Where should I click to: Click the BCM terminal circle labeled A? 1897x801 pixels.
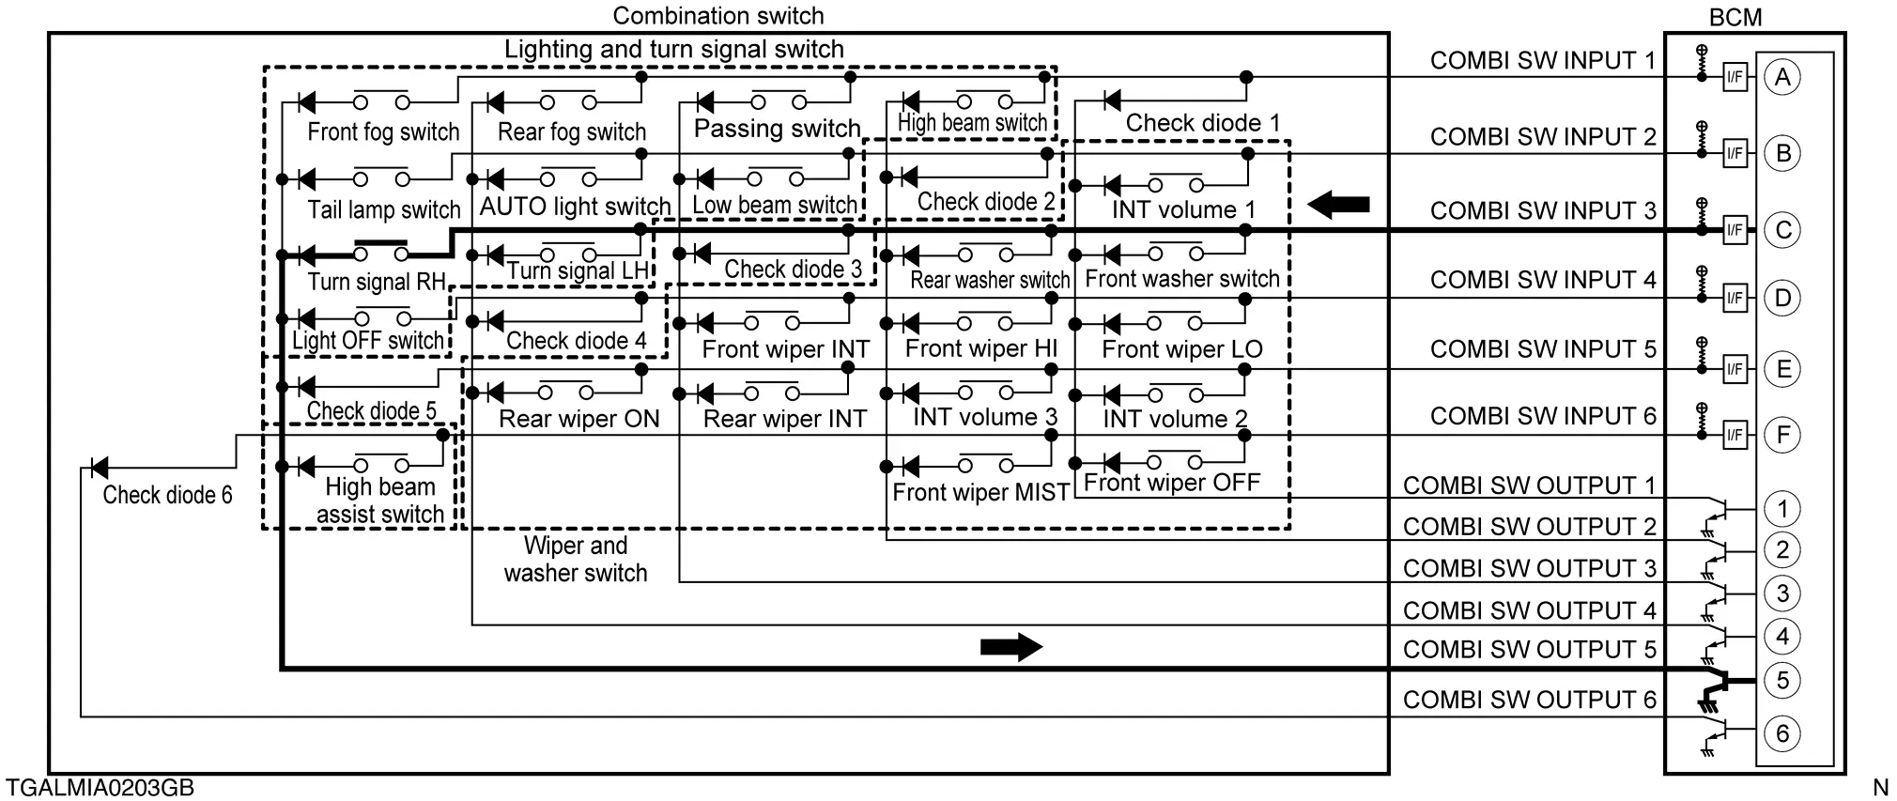pos(1782,77)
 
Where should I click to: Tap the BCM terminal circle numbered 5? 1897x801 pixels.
pos(1782,681)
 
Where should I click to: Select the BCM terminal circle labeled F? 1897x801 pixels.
pos(1782,435)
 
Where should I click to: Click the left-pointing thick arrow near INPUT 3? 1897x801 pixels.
pos(1338,205)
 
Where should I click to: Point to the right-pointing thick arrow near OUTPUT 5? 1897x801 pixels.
pos(1010,646)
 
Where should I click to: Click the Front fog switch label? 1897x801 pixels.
pos(383,132)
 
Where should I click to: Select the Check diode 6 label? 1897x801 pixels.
pos(167,495)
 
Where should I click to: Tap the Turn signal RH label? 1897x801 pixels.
pos(376,282)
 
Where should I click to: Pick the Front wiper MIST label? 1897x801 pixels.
pos(980,492)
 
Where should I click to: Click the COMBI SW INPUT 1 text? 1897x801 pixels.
pos(1543,61)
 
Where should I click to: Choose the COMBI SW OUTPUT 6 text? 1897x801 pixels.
pos(1529,700)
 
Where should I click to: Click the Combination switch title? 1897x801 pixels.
pos(718,16)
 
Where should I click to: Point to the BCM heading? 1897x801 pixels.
pos(1735,17)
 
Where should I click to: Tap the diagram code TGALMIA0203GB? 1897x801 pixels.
pos(100,787)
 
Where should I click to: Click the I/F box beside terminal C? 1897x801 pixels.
pos(1735,230)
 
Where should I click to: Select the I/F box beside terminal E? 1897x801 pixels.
pos(1735,368)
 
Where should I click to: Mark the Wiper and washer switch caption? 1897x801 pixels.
pos(575,560)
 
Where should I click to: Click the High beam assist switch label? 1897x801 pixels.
pos(379,501)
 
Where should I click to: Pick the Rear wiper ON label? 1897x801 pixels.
pos(578,419)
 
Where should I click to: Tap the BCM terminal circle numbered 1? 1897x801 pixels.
pos(1782,509)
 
